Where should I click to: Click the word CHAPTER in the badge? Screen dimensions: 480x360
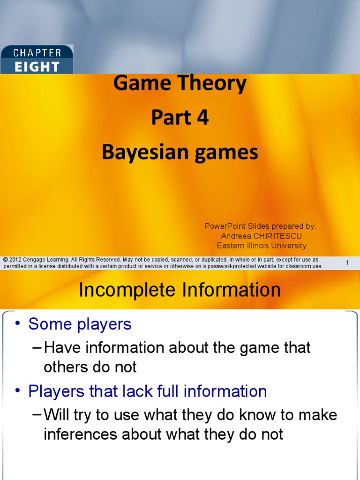pyautogui.click(x=37, y=52)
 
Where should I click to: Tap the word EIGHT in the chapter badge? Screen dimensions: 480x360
pyautogui.click(x=37, y=66)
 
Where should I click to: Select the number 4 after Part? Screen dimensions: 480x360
pyautogui.click(x=202, y=118)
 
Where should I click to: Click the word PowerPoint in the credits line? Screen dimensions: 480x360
pyautogui.click(x=223, y=226)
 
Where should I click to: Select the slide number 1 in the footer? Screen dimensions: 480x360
pyautogui.click(x=347, y=262)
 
